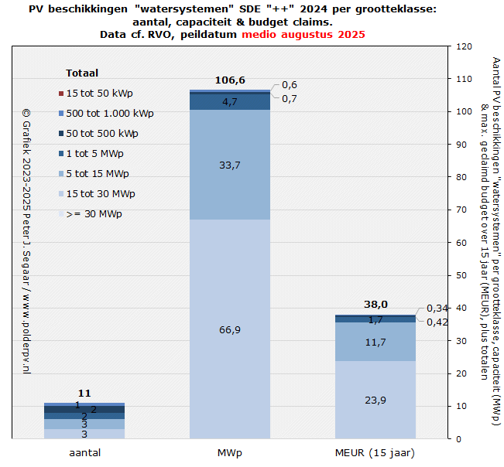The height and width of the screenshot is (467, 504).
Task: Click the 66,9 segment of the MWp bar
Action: (x=230, y=329)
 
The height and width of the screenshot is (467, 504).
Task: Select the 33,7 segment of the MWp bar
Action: (x=230, y=164)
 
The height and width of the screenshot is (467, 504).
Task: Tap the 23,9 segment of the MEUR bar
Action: (x=375, y=399)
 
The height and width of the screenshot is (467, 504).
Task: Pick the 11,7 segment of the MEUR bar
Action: (x=375, y=342)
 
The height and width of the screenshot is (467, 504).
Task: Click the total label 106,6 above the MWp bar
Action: (x=230, y=80)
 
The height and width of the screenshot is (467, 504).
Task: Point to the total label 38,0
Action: (x=375, y=304)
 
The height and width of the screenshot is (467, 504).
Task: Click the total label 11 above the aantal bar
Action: (x=84, y=393)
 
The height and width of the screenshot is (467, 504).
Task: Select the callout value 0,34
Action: (x=437, y=308)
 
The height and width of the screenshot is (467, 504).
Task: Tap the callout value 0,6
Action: (x=290, y=85)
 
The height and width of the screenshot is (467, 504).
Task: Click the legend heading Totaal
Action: (x=82, y=73)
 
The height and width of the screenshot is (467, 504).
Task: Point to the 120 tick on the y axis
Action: (x=465, y=46)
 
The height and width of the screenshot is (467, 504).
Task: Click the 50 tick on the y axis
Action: (x=462, y=275)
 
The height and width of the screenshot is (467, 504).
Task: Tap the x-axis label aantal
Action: (x=84, y=452)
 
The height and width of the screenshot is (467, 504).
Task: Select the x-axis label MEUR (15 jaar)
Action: (x=375, y=452)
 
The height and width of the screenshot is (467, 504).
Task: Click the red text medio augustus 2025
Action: (x=303, y=35)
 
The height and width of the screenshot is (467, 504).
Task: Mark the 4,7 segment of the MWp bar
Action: (x=230, y=101)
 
